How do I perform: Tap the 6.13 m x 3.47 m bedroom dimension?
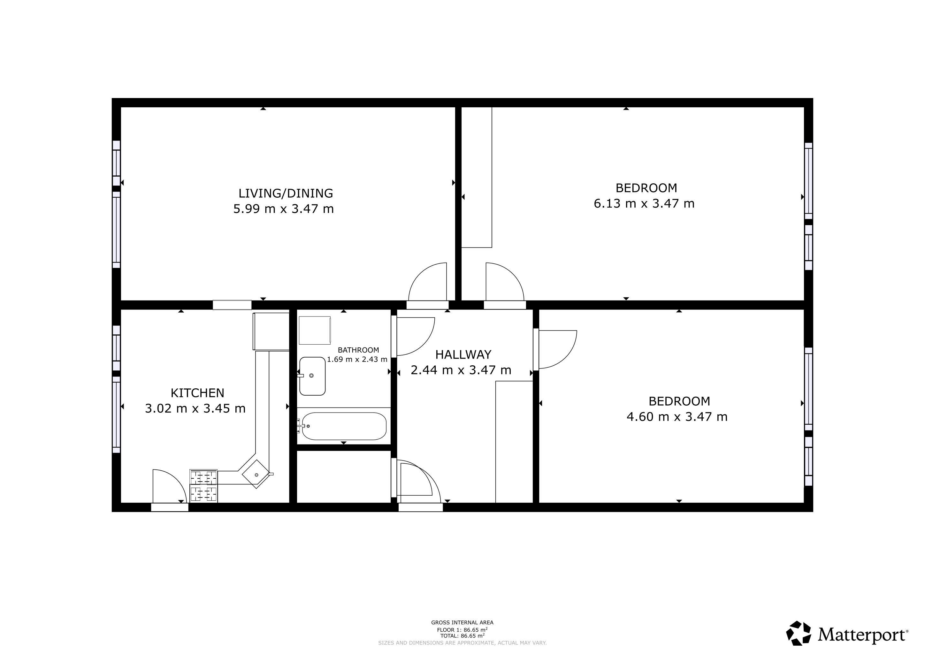coord(644,203)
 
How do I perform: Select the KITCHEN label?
coord(197,393)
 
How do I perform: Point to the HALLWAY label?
coord(463,354)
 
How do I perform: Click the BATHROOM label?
coord(358,350)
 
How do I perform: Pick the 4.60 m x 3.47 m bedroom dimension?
coord(677,416)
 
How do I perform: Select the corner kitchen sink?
coord(256,475)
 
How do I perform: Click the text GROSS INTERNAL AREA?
coord(462,623)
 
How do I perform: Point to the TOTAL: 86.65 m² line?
coord(462,636)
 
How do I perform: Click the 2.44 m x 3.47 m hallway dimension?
coord(461,370)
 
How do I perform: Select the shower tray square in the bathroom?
coord(315,330)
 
